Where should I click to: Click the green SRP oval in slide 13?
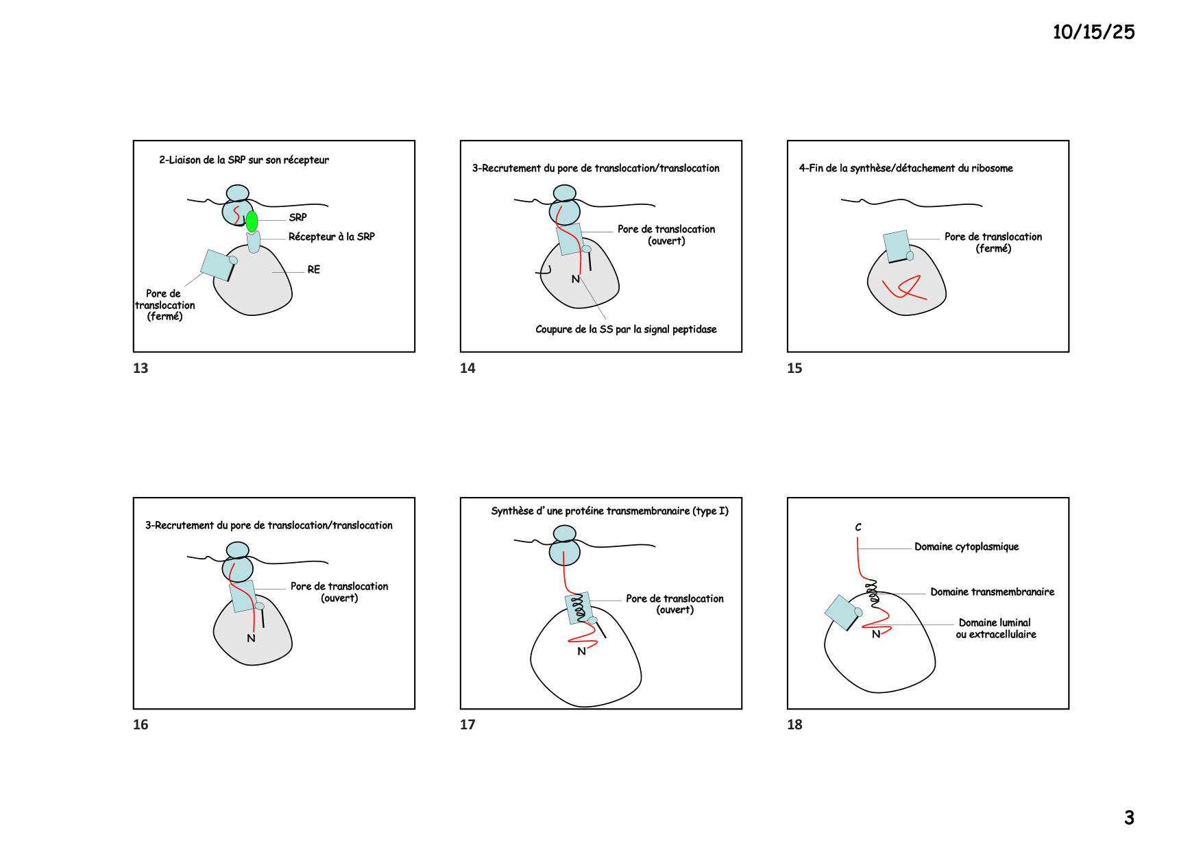pyautogui.click(x=252, y=221)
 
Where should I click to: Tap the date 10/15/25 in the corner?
pyautogui.click(x=1093, y=32)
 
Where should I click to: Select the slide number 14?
pyautogui.click(x=467, y=368)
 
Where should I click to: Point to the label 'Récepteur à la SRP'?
pyautogui.click(x=332, y=236)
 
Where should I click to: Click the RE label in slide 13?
pyautogui.click(x=314, y=269)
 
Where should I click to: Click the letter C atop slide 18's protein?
pyautogui.click(x=858, y=527)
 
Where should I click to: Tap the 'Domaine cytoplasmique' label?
pyautogui.click(x=967, y=546)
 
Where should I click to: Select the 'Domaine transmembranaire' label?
pyautogui.click(x=993, y=592)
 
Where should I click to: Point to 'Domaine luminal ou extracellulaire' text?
pyautogui.click(x=996, y=629)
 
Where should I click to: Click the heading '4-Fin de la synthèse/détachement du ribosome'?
pyautogui.click(x=906, y=168)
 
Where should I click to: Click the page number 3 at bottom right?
pyautogui.click(x=1129, y=818)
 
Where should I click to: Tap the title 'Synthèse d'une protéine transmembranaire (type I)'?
pyautogui.click(x=609, y=511)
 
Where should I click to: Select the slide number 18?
pyautogui.click(x=794, y=725)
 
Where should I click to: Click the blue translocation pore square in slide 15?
pyautogui.click(x=897, y=246)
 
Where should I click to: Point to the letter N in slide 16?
pyautogui.click(x=251, y=638)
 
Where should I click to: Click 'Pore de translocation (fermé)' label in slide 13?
pyautogui.click(x=165, y=305)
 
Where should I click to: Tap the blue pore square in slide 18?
pyautogui.click(x=842, y=612)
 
